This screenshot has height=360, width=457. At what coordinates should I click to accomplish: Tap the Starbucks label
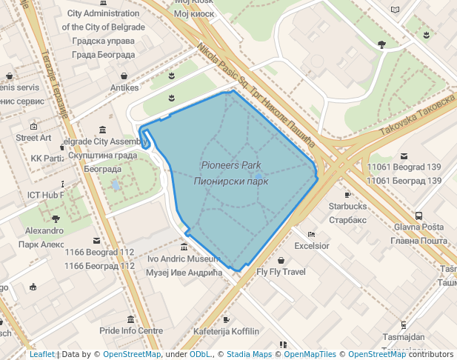tap(347, 206)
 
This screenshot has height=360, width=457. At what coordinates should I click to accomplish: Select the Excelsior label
tap(311, 246)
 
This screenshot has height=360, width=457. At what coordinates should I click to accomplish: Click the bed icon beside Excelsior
tap(312, 234)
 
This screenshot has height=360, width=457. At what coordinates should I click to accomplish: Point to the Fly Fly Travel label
tap(281, 272)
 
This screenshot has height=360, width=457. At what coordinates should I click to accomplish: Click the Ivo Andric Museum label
tap(183, 259)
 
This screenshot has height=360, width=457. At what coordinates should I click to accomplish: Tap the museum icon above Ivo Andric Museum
tap(184, 247)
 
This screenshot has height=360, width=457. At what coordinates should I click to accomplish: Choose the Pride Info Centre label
tap(131, 330)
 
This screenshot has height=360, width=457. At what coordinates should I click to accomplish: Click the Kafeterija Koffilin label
tap(226, 330)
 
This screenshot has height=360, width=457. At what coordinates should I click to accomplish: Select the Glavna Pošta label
tap(418, 227)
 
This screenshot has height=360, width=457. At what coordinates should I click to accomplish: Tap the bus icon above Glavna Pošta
tap(418, 215)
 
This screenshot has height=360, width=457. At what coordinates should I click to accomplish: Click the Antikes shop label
tap(124, 87)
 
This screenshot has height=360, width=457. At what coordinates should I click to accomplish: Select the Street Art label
tap(33, 138)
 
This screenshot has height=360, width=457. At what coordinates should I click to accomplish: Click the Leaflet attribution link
tap(41, 354)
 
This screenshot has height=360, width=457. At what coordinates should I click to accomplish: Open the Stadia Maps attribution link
tap(249, 354)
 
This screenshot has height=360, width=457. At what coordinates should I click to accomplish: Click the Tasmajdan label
tap(403, 337)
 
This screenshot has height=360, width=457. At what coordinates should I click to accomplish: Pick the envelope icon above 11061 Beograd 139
tap(404, 156)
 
